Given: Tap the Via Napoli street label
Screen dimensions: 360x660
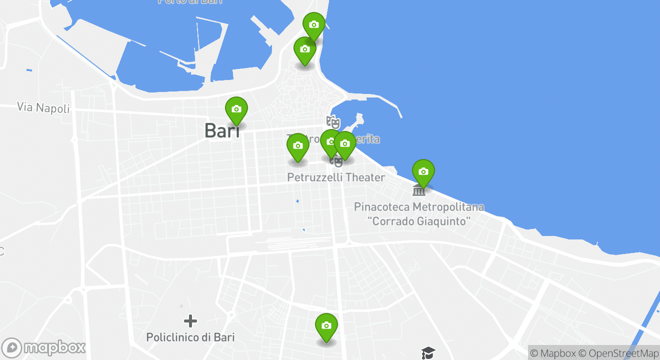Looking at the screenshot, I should [43, 107].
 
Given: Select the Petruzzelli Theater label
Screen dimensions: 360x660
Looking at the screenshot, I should [336, 177].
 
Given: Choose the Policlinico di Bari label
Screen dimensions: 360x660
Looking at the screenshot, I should [190, 337].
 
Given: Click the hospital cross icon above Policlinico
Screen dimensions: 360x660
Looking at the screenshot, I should [190, 320].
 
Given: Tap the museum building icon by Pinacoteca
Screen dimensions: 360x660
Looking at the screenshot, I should [419, 190].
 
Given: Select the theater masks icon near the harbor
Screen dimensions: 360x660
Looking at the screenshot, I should [332, 121].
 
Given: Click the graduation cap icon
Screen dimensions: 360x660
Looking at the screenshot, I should [428, 353].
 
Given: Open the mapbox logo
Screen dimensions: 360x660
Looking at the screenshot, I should [44, 347].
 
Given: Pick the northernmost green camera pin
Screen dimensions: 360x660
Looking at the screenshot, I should [314, 25].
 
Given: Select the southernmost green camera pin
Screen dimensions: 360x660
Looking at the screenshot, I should [326, 326].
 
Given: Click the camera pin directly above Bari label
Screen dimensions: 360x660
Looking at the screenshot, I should [236, 109].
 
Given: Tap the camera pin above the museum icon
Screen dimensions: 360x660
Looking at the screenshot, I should [423, 172].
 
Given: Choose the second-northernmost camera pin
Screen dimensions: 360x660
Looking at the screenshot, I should [305, 49].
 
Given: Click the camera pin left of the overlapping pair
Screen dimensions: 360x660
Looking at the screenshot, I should [298, 146].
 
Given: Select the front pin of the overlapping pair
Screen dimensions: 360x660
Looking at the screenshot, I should [344, 144].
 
